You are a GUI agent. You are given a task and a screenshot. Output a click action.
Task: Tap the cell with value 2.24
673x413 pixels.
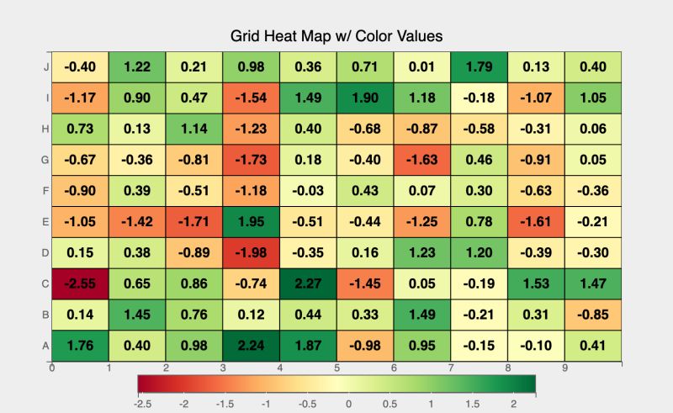coord(252,345)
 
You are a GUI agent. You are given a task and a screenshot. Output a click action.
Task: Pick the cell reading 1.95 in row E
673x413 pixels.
coord(252,221)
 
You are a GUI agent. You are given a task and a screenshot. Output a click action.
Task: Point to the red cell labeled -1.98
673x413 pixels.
coord(252,252)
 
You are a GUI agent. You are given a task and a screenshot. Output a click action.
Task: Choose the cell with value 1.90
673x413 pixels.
coord(365,98)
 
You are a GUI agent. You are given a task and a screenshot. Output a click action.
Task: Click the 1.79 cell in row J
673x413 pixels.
coord(479,66)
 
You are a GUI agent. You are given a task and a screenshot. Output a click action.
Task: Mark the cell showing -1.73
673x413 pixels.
coord(252,159)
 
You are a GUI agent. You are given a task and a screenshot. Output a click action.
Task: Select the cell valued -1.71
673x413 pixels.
coord(194,221)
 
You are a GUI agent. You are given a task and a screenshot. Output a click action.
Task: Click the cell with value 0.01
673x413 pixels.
coord(421,66)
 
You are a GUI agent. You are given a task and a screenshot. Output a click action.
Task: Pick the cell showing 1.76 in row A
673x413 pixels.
coord(81,345)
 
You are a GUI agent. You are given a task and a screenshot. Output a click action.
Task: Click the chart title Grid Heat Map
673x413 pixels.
coord(336,36)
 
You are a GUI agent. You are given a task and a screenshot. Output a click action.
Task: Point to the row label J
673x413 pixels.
coord(45,66)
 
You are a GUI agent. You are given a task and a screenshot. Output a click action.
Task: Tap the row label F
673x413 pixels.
coord(45,190)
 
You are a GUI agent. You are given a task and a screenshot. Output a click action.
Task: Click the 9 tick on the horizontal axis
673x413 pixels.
coord(564,368)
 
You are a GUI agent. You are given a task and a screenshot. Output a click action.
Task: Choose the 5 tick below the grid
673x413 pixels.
coord(336,368)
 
